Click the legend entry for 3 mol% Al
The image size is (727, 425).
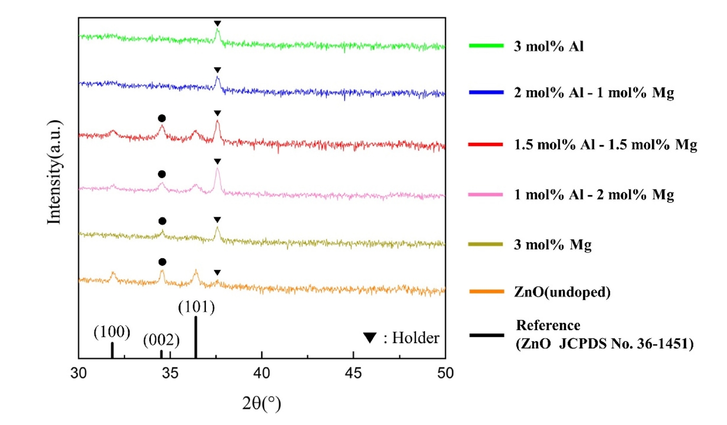[x=549, y=46]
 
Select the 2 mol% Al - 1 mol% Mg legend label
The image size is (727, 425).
[x=593, y=93]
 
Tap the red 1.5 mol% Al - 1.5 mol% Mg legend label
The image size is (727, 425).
[x=605, y=145]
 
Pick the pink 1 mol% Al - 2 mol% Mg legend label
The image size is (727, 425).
[x=593, y=195]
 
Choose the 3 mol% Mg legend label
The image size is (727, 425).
[x=552, y=245]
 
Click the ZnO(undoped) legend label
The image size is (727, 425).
[x=562, y=292]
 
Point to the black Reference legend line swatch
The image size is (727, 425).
[x=486, y=335]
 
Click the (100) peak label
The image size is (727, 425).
[x=112, y=332]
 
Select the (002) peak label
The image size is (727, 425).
[x=161, y=340]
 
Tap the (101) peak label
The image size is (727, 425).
[x=196, y=307]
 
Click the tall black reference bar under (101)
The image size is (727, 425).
[x=196, y=337]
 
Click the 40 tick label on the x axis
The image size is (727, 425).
[x=262, y=373]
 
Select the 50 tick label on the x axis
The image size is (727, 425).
[x=445, y=373]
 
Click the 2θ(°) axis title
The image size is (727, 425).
[x=261, y=403]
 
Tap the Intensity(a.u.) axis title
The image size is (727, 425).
[x=54, y=172]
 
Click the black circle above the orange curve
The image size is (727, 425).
[x=162, y=262]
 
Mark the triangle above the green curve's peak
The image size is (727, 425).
[x=217, y=24]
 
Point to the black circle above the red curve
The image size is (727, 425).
[x=162, y=119]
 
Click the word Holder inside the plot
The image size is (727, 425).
[x=416, y=338]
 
